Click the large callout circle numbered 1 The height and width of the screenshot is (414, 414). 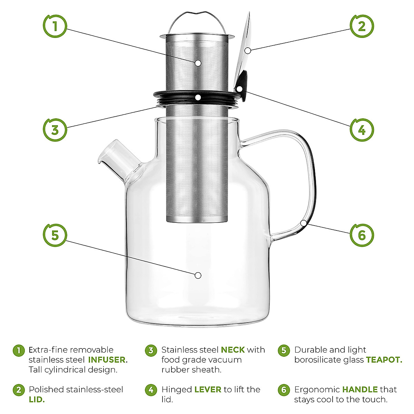pyautogui.click(x=55, y=26)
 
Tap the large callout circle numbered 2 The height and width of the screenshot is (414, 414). pyautogui.click(x=362, y=26)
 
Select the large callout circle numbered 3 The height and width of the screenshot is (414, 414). pyautogui.click(x=55, y=130)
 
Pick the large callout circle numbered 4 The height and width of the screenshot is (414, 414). pyautogui.click(x=362, y=130)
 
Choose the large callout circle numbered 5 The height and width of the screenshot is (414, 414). pyautogui.click(x=55, y=235)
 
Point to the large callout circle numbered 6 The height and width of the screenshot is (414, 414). pyautogui.click(x=362, y=235)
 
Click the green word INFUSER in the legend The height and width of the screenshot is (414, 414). pyautogui.click(x=108, y=360)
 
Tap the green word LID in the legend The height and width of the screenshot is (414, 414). pyautogui.click(x=37, y=400)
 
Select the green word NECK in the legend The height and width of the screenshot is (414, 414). pyautogui.click(x=233, y=350)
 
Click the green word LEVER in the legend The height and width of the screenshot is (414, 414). pyautogui.click(x=208, y=390)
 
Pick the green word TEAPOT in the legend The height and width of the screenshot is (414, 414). pyautogui.click(x=384, y=360)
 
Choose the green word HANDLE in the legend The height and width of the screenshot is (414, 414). pyautogui.click(x=360, y=390)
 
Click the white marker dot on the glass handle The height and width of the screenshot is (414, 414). pyautogui.click(x=304, y=223)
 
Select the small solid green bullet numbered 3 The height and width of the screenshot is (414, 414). pyautogui.click(x=151, y=351)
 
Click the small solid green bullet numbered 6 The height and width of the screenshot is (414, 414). pyautogui.click(x=284, y=390)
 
